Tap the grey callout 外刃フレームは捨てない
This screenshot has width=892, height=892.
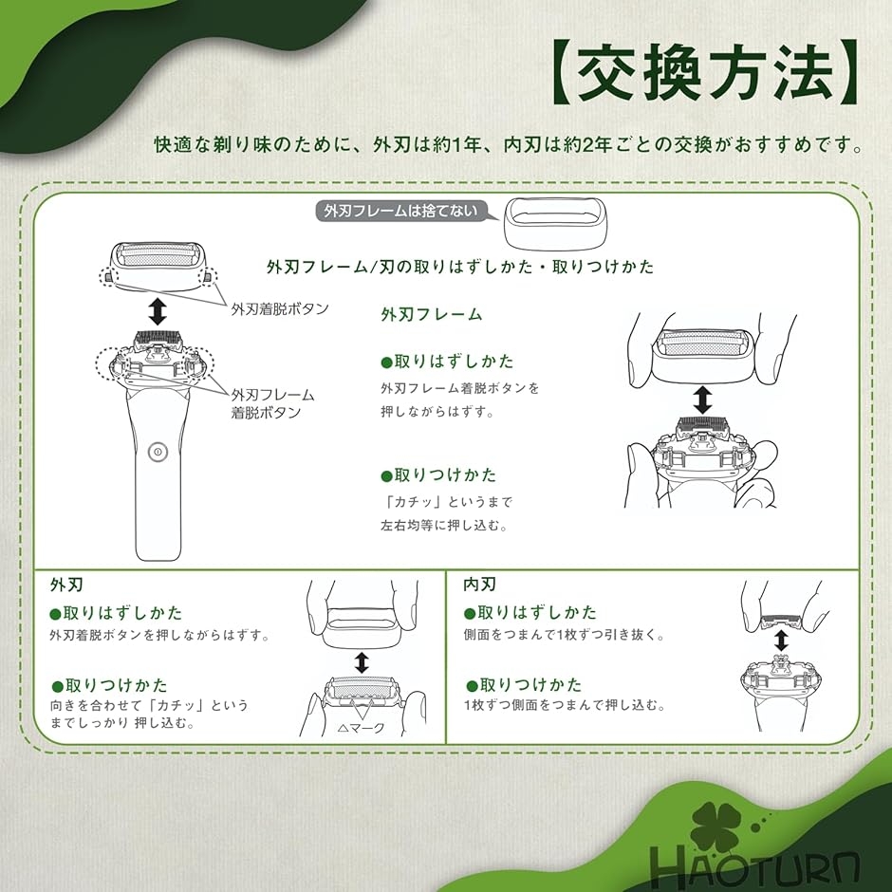pos(401,211)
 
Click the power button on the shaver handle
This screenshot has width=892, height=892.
pos(158,453)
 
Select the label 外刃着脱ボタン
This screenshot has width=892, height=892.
pos(280,309)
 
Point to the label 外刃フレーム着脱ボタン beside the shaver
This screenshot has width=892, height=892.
pos(272,403)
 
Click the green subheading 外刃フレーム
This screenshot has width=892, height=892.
pos(432,314)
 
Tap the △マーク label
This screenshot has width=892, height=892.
pos(362,728)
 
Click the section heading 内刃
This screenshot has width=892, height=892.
pos(479,585)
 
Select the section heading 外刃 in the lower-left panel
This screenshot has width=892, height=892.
pos(66,585)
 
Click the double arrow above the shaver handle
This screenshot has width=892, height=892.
pos(158,311)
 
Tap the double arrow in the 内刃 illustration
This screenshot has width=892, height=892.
pos(781,640)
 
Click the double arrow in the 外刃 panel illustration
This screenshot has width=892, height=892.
pos(362,662)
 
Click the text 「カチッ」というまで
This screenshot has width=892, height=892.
pos(447,502)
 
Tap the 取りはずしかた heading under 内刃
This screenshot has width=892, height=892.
pos(530,613)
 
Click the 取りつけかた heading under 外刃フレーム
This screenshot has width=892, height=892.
pos(438,475)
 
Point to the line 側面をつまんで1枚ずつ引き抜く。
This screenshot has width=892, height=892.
pos(565,634)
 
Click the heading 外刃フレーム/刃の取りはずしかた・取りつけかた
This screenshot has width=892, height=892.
pos(460,267)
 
